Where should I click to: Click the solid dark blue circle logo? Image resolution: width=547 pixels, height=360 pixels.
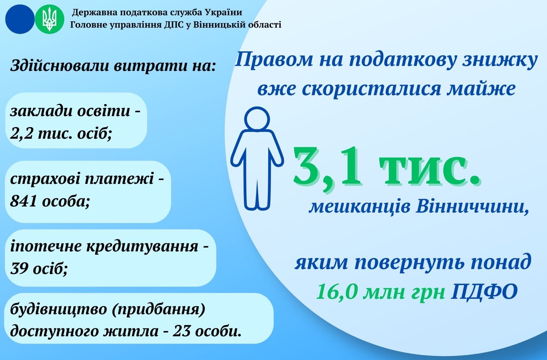(20, 19)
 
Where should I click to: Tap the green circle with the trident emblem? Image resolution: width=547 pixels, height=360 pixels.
(50, 19)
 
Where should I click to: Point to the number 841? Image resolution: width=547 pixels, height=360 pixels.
(23, 201)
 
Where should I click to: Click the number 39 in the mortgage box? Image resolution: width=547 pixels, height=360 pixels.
(19, 268)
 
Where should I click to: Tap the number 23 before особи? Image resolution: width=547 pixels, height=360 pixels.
(181, 331)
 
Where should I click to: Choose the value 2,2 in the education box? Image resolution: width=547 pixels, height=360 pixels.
(21, 134)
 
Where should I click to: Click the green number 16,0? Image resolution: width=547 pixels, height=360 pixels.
(337, 291)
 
